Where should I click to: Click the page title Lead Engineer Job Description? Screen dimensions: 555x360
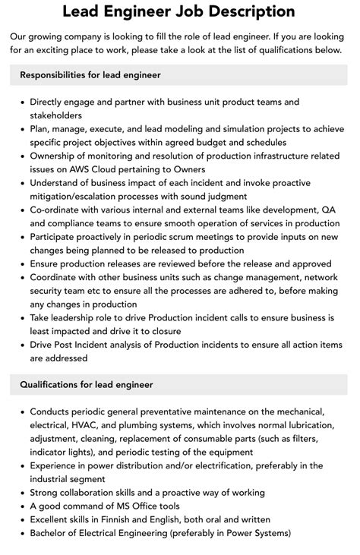coord(179,11)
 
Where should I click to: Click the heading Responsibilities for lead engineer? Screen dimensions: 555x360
coord(90,75)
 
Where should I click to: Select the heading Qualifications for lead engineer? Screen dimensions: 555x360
coord(87,384)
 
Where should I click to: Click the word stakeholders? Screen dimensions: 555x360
coord(56,115)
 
